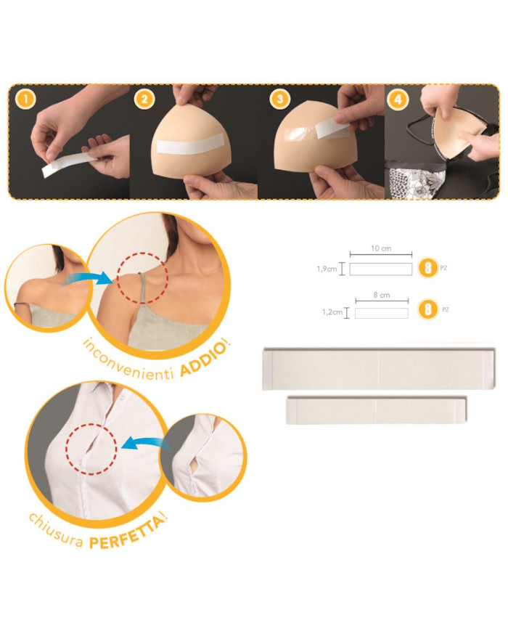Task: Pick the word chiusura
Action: [57, 525]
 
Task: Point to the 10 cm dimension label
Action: [381, 249]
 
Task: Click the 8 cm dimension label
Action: [381, 296]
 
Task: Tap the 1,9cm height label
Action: [327, 269]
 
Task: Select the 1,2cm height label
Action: [331, 312]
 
